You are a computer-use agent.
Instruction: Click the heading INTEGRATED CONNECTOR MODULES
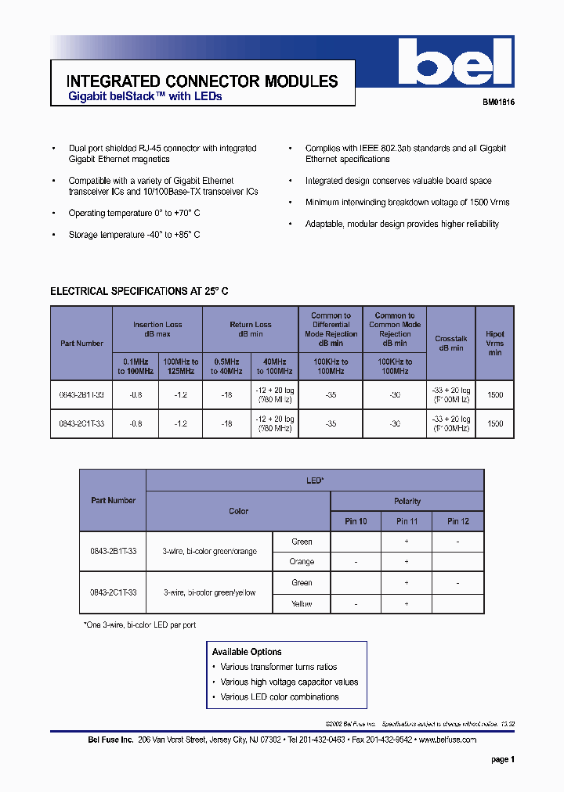pyautogui.click(x=202, y=81)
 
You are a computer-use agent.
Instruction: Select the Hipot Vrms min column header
pyautogui.click(x=494, y=344)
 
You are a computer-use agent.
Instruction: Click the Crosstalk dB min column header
pyautogui.click(x=450, y=344)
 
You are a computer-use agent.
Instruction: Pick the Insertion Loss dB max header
pyautogui.click(x=157, y=329)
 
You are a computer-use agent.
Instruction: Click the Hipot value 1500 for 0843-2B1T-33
pyautogui.click(x=494, y=395)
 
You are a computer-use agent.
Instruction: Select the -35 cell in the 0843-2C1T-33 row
pyautogui.click(x=331, y=423)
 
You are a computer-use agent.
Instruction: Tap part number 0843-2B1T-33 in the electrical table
pyautogui.click(x=81, y=395)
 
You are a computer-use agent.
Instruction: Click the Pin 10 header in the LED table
pyautogui.click(x=356, y=521)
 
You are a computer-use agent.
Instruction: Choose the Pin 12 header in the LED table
pyautogui.click(x=458, y=521)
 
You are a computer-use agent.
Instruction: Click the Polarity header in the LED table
pyautogui.click(x=407, y=501)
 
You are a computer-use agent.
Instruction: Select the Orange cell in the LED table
pyautogui.click(x=302, y=562)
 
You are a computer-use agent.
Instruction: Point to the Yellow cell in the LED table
pyautogui.click(x=302, y=603)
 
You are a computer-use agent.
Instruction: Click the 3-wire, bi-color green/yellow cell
pyautogui.click(x=209, y=593)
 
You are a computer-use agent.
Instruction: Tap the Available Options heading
pyautogui.click(x=247, y=652)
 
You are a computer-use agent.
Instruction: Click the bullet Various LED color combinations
pyautogui.click(x=279, y=697)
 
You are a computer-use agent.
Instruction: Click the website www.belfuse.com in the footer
pyautogui.click(x=447, y=740)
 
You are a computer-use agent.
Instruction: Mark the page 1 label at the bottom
pyautogui.click(x=502, y=759)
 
